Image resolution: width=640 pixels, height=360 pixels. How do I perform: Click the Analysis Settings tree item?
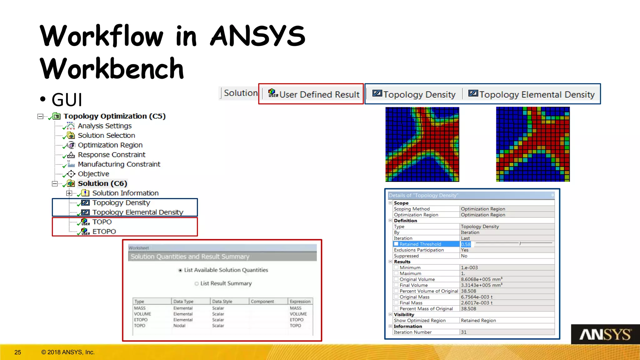click(x=104, y=126)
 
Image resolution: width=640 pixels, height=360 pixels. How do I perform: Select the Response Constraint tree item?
click(x=111, y=155)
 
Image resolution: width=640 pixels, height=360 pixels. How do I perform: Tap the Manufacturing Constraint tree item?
click(x=119, y=164)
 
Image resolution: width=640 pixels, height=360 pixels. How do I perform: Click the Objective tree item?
click(x=93, y=174)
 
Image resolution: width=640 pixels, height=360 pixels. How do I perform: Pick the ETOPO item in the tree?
click(x=104, y=232)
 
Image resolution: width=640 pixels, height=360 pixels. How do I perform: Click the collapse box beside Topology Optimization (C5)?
click(x=40, y=117)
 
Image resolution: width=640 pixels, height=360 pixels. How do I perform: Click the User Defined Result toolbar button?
click(x=314, y=94)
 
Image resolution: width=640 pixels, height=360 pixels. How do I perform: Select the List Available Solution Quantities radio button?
click(x=180, y=270)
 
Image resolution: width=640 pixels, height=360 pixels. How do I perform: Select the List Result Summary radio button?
click(x=197, y=284)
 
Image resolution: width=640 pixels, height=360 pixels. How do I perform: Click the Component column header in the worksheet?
click(x=262, y=302)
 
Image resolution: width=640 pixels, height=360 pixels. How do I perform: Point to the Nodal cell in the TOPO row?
click(x=179, y=326)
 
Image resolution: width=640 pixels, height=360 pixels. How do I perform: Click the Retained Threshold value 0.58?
click(x=466, y=244)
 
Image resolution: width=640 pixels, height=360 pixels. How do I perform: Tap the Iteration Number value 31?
click(x=464, y=332)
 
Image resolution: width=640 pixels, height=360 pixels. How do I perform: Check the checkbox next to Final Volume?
click(x=396, y=285)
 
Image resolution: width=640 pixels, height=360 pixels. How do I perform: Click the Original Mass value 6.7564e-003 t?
click(x=477, y=297)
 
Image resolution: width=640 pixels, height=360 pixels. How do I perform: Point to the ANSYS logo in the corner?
click(x=605, y=335)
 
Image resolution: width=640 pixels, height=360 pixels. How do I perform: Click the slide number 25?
click(x=18, y=352)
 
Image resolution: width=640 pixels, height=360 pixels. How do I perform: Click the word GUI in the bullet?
click(x=67, y=100)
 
